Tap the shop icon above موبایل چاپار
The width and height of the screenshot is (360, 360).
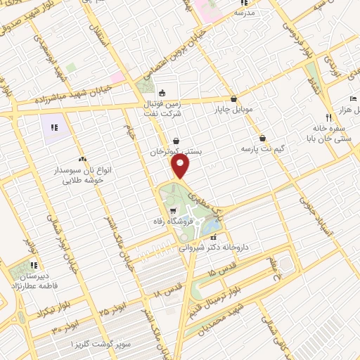pos(233,99)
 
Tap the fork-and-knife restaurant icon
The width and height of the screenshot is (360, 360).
pos(328,117)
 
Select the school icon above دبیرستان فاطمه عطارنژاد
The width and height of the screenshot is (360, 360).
pos(33,265)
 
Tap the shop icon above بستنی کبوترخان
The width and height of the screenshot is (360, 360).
pos(176,141)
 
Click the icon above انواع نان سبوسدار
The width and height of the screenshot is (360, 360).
pos(83,159)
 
